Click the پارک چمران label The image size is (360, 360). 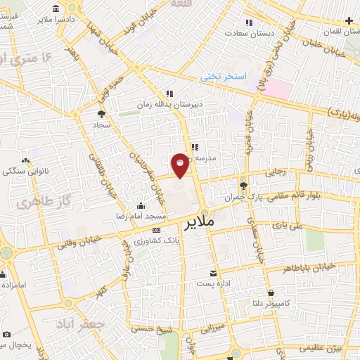coord(244,198)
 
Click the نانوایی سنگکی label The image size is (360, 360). coord(26,171)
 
